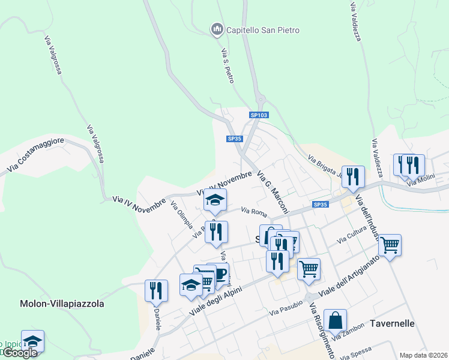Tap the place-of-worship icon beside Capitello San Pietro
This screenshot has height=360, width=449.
tap(216, 29)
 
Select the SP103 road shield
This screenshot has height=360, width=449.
tap(259, 115)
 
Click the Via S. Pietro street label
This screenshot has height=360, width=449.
tap(228, 65)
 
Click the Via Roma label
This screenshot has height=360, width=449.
tap(254, 211)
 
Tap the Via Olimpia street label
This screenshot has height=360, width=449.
tap(182, 214)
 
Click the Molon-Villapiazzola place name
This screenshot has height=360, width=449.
tap(62, 304)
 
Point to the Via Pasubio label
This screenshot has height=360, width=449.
tap(286, 311)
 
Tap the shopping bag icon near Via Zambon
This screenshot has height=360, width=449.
tap(334, 320)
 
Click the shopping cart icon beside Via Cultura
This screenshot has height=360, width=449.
tap(390, 244)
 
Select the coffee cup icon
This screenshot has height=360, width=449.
tap(220, 273)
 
